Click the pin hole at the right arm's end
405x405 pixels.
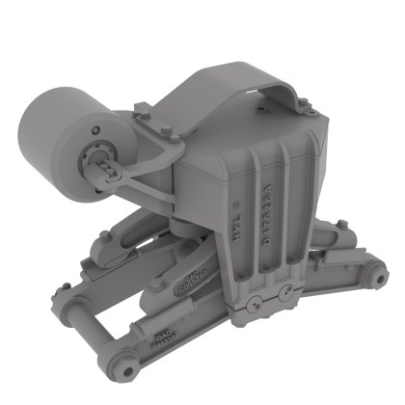(368, 281)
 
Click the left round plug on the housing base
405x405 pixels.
(251, 306)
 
